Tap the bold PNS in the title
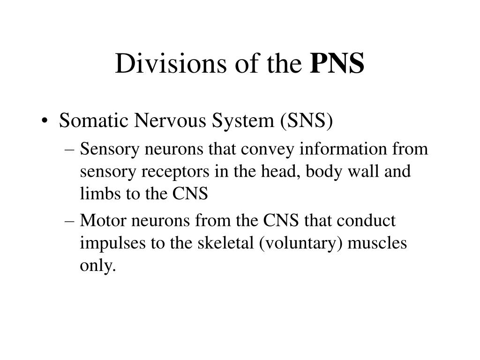337,64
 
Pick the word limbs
97,194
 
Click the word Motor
99,221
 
